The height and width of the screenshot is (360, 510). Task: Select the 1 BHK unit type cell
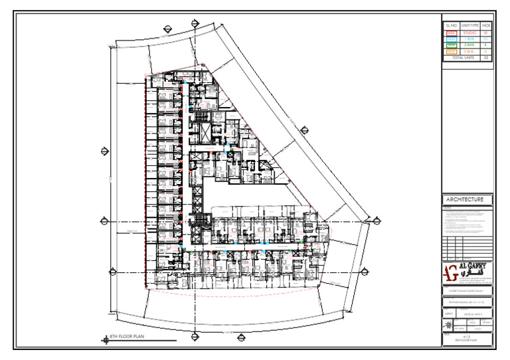coord(469,39)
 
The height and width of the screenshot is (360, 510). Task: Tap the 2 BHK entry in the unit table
coord(469,45)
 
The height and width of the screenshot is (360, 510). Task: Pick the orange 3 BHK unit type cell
coord(469,51)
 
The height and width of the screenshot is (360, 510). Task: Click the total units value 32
coord(486,58)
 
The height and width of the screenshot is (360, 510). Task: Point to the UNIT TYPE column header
coord(469,25)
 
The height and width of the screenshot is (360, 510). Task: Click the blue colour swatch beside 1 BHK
coord(452,39)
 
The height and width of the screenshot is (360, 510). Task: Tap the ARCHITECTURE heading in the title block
coord(469,200)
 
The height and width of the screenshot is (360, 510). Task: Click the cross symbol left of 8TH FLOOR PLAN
coord(106,339)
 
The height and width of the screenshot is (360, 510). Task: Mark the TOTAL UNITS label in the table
coord(462,58)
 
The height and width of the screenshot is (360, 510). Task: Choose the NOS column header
coord(486,25)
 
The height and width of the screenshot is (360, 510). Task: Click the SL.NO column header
coord(452,25)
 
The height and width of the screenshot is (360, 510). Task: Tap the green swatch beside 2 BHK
coord(452,45)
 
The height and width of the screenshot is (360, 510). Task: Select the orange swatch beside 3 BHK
coord(452,51)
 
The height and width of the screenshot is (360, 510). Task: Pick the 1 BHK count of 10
coord(486,39)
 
